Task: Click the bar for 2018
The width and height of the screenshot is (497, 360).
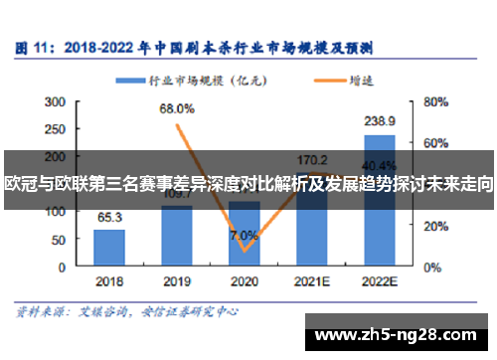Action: click(x=109, y=243)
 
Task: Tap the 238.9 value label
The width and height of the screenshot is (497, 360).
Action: click(x=380, y=119)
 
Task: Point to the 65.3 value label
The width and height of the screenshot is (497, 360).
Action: click(x=109, y=217)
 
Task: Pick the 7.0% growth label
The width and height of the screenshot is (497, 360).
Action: click(x=244, y=236)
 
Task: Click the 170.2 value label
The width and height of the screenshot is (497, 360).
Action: click(x=312, y=158)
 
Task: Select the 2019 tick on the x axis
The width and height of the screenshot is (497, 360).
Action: click(x=177, y=281)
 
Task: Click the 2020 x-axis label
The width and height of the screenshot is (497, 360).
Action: click(x=245, y=281)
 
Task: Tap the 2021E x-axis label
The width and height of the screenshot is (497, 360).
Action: click(x=312, y=281)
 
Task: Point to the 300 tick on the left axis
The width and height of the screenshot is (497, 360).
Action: click(x=57, y=100)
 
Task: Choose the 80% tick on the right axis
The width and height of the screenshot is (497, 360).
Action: click(x=433, y=100)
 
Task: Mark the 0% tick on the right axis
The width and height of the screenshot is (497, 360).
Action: click(x=430, y=267)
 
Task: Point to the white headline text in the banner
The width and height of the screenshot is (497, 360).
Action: click(x=248, y=185)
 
